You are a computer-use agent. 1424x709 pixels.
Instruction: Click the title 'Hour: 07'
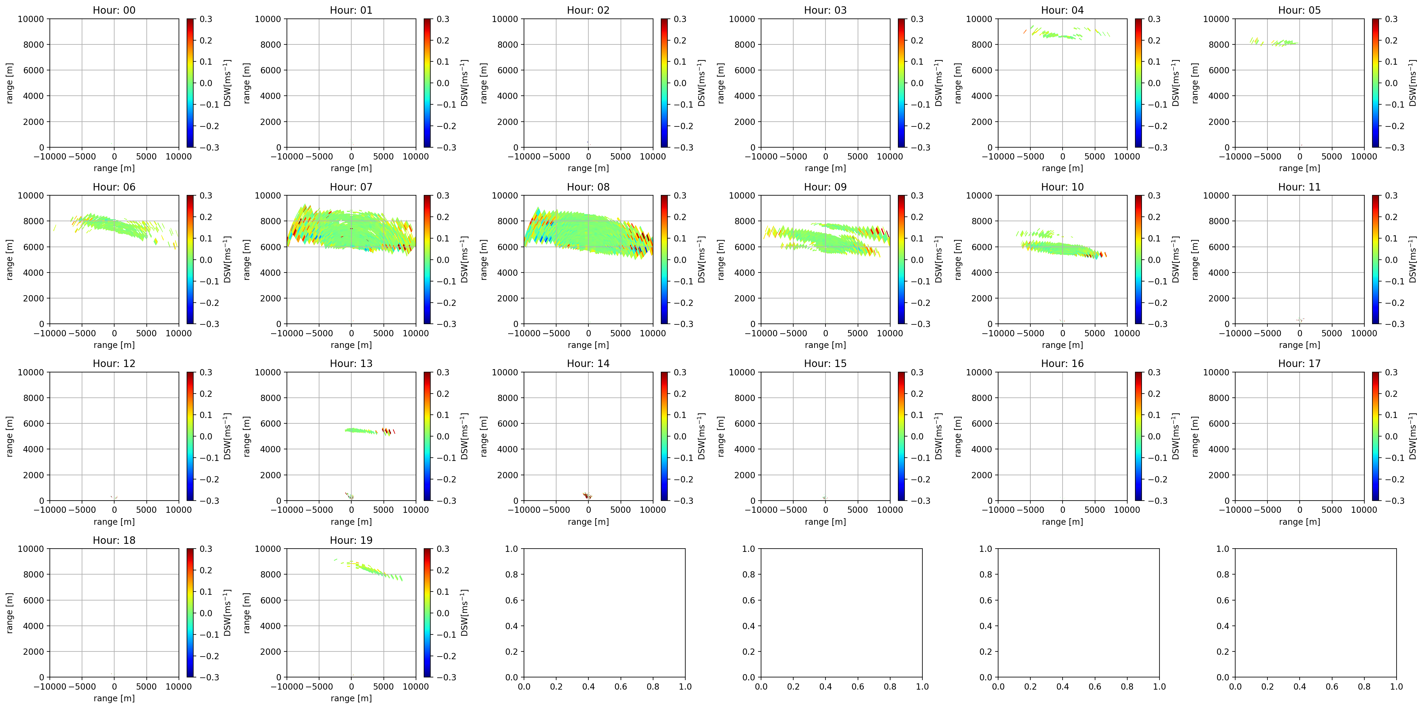pyautogui.click(x=351, y=187)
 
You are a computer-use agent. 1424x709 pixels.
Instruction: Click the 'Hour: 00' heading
pyautogui.click(x=114, y=10)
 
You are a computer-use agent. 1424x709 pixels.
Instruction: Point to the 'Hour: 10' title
pyautogui.click(x=1062, y=187)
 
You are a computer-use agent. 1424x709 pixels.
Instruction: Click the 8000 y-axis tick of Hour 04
pyautogui.click(x=981, y=45)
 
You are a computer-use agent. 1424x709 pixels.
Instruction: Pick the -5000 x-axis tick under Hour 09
pyautogui.click(x=793, y=333)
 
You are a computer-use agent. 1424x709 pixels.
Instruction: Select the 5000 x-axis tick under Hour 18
pyautogui.click(x=146, y=686)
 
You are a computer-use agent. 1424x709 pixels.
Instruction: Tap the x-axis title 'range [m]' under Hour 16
pyautogui.click(x=1062, y=522)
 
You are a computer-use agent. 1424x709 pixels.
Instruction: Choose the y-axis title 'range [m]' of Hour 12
pyautogui.click(x=10, y=436)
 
